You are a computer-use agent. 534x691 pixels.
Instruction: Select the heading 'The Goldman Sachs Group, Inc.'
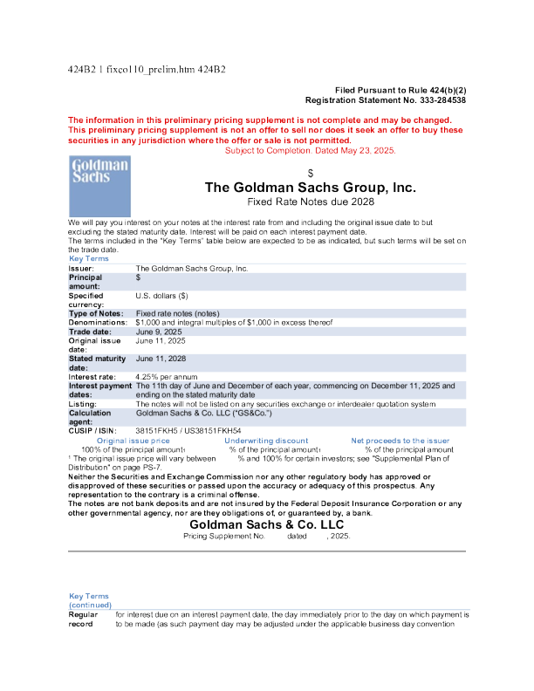(310, 188)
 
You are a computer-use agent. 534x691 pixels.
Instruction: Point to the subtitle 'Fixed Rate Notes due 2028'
(310, 202)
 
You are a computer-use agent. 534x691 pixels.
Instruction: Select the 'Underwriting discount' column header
(266, 441)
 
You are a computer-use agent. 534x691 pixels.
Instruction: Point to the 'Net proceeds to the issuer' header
(400, 441)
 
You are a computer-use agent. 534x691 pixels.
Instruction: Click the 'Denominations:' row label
(99, 323)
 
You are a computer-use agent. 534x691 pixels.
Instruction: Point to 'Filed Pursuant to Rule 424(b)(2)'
(400, 91)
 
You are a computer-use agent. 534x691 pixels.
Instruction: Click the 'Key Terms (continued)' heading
(90, 599)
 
